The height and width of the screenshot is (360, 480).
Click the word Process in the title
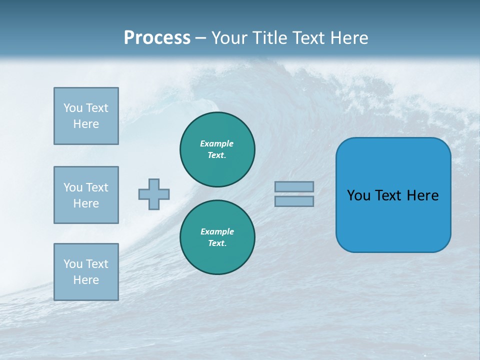[157, 37]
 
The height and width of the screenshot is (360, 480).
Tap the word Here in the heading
[348, 37]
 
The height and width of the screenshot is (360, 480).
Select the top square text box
[86, 116]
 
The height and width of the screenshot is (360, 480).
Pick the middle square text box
[86, 195]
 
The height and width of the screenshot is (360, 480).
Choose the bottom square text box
[86, 272]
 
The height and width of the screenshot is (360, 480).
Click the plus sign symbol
[154, 194]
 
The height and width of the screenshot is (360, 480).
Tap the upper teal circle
[217, 149]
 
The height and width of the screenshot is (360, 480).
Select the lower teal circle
[217, 237]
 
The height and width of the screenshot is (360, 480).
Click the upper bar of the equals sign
[294, 186]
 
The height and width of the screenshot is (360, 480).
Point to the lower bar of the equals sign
[294, 201]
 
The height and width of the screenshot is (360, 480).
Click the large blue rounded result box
[393, 195]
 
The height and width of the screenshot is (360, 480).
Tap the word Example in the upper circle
[217, 143]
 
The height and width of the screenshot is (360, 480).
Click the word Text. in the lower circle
[217, 243]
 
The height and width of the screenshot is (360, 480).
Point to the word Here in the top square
[86, 124]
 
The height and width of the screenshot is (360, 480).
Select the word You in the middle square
[72, 187]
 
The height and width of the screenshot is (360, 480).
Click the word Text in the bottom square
[97, 264]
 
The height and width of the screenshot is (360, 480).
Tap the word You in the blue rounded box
[358, 195]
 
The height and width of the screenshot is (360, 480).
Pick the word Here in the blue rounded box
[422, 195]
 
